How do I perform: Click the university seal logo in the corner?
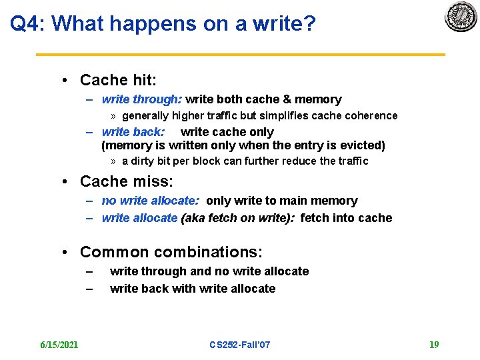pyautogui.click(x=461, y=17)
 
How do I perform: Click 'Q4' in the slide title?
pyautogui.click(x=26, y=24)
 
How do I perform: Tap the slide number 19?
pyautogui.click(x=434, y=345)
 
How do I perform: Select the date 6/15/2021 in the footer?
pyautogui.click(x=59, y=345)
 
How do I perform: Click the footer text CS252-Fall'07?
pyautogui.click(x=240, y=345)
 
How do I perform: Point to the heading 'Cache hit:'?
pyautogui.click(x=118, y=81)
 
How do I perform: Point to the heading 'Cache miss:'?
pyautogui.click(x=126, y=181)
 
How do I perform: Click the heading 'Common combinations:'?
pyautogui.click(x=171, y=252)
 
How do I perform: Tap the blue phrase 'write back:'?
pyautogui.click(x=133, y=132)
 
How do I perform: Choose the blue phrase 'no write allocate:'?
pyautogui.click(x=151, y=201)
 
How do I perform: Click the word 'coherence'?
pyautogui.click(x=371, y=115)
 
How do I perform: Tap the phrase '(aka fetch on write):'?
pyautogui.click(x=238, y=218)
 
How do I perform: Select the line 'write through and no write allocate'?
pyautogui.click(x=209, y=271)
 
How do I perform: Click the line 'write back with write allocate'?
pyautogui.click(x=193, y=289)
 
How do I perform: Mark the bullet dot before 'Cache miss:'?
pyautogui.click(x=65, y=182)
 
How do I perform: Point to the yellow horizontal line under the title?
pyautogui.click(x=240, y=54)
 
